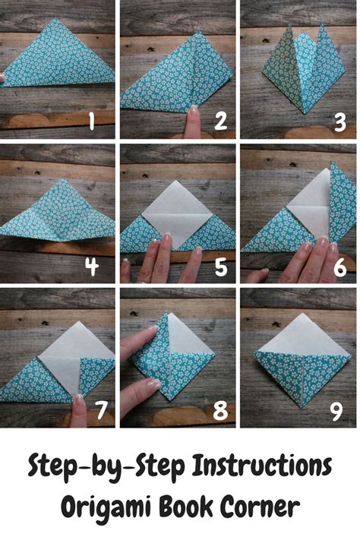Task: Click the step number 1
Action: click(x=93, y=121)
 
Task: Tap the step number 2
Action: click(x=221, y=121)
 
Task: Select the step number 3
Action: click(x=340, y=121)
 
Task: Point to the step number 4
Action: click(x=93, y=266)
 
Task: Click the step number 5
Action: click(x=221, y=266)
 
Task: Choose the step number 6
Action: click(x=339, y=266)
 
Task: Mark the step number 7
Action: click(x=99, y=410)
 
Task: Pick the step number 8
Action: click(x=221, y=411)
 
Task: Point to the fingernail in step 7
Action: click(x=78, y=398)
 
